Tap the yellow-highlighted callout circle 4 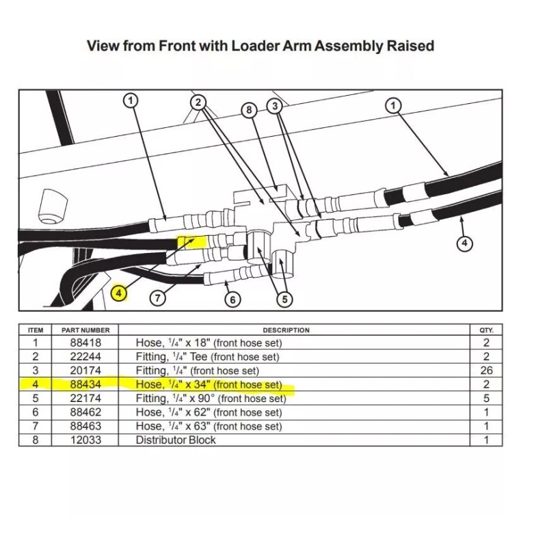click(x=120, y=293)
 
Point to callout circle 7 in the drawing click(x=158, y=297)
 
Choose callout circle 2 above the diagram click(x=198, y=103)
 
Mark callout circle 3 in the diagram click(x=275, y=106)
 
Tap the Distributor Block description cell click(x=176, y=440)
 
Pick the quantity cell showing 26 click(x=486, y=371)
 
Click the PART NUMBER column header click(x=85, y=330)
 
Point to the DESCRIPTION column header click(x=286, y=330)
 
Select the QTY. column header click(x=486, y=330)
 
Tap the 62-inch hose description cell click(x=209, y=412)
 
